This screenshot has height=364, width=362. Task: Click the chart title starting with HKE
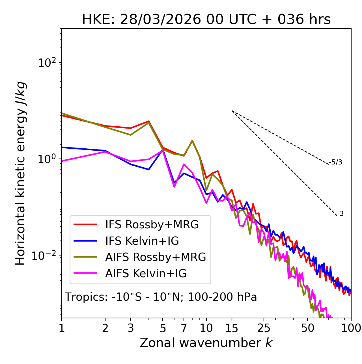pos(206,20)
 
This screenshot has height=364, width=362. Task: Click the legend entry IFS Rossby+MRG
pos(152,225)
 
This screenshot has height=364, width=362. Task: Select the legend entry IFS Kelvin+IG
pos(142,241)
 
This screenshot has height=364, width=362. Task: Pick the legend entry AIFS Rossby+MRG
pos(156,257)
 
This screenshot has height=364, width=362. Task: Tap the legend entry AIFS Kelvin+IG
pos(146,274)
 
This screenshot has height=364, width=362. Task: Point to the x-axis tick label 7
pos(184,328)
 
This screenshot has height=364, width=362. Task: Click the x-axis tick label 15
pos(232,328)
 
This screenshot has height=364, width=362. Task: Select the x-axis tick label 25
pos(264,328)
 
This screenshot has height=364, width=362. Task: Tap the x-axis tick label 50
pos(307,328)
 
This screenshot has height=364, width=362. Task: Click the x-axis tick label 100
pos(351,328)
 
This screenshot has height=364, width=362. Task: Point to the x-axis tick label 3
pos(130,328)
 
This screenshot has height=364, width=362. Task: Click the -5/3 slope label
pos(336,162)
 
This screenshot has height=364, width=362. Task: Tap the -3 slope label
pos(340,214)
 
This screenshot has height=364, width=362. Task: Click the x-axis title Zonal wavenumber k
pos(206,343)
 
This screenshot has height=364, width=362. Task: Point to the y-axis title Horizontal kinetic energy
pos(20,174)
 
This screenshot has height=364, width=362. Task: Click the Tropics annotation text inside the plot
pos(161,297)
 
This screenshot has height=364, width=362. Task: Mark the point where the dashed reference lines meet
pos(232,111)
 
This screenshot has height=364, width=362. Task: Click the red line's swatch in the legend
pos(85,225)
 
